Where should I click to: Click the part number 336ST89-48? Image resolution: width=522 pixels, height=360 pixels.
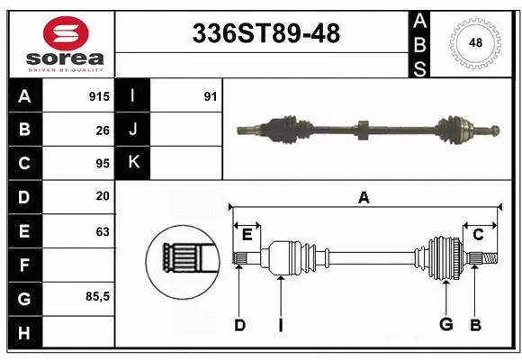(x=266, y=34)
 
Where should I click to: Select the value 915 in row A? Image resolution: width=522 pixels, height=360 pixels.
(x=97, y=95)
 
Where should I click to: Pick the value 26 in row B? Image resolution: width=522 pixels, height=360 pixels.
(x=102, y=129)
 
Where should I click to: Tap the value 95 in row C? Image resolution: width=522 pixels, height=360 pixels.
(x=101, y=163)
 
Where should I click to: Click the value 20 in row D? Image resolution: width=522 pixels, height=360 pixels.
(x=102, y=196)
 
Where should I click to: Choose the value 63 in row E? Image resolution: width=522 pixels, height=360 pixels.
(x=102, y=231)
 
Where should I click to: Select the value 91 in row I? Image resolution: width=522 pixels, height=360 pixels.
(x=210, y=95)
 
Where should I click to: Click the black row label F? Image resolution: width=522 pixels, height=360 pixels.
(x=24, y=265)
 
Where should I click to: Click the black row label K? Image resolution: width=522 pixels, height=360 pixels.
(x=133, y=163)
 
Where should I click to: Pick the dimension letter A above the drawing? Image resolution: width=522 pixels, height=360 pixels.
(x=364, y=197)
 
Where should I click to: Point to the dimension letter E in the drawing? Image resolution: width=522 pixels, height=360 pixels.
(x=247, y=235)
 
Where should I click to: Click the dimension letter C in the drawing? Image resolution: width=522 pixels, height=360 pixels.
(x=479, y=235)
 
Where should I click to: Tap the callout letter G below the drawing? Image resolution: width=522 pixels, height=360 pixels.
(x=445, y=325)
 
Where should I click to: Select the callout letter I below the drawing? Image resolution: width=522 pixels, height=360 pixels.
(x=280, y=325)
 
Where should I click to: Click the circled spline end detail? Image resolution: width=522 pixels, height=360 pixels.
(x=184, y=261)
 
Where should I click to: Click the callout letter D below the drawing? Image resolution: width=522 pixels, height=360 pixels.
(x=239, y=325)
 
